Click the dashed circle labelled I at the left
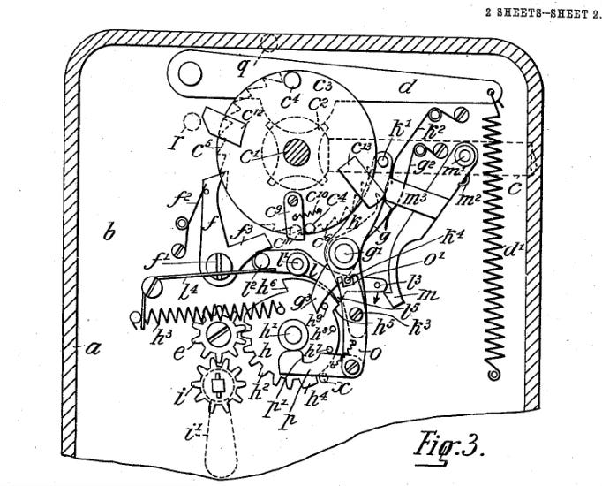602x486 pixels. click(x=187, y=121)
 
